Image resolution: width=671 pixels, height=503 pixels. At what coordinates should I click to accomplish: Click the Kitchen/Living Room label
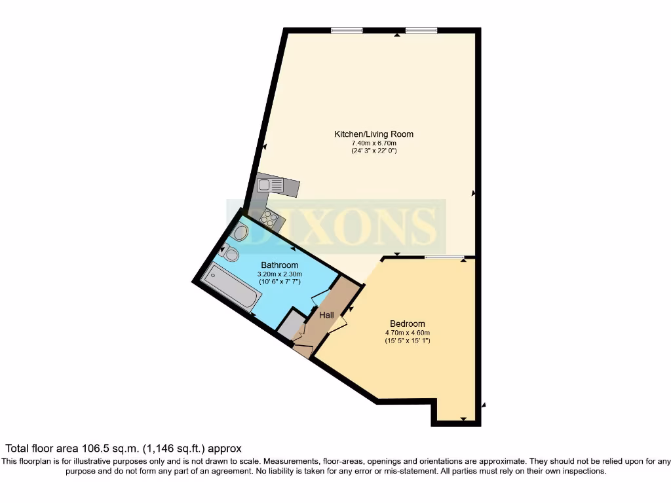[x=374, y=134]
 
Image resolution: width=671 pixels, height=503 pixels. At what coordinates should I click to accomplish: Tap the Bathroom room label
[x=278, y=265]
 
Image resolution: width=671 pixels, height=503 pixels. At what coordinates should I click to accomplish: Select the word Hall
[x=326, y=315]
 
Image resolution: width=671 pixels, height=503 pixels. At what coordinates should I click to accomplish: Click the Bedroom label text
[x=407, y=324]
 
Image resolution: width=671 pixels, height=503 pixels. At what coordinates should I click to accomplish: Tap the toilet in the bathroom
[x=231, y=253]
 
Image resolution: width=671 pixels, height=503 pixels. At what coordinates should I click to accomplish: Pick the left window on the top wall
[x=347, y=29]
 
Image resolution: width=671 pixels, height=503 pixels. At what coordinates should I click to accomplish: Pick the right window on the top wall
[x=421, y=29]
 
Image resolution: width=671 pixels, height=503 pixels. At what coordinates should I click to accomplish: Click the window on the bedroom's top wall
[x=443, y=257]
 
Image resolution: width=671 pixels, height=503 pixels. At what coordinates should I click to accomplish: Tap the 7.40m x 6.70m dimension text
[x=374, y=143]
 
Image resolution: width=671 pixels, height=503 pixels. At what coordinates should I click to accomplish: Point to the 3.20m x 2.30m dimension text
[x=278, y=273]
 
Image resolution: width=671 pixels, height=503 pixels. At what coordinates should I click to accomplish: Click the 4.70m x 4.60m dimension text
[x=407, y=333]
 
